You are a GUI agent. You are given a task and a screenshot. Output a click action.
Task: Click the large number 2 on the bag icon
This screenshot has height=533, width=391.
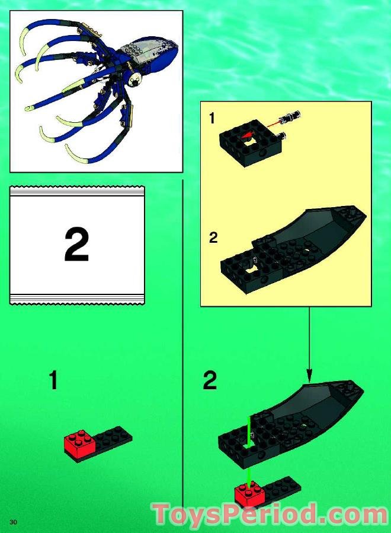click(76, 245)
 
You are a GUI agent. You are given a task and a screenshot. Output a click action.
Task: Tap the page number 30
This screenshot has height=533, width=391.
click(12, 521)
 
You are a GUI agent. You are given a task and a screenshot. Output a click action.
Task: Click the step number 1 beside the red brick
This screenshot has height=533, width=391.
click(53, 380)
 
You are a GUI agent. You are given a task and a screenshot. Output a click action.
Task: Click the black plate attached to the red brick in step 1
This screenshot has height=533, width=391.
click(113, 437)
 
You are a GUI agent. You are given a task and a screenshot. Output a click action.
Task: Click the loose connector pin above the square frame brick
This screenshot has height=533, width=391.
click(292, 115)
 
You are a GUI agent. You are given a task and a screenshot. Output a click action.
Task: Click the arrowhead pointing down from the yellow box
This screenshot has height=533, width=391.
click(308, 375)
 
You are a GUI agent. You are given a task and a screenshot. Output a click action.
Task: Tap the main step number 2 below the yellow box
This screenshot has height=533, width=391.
click(210, 380)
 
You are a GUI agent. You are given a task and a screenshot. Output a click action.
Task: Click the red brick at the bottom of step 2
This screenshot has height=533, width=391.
click(248, 494)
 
